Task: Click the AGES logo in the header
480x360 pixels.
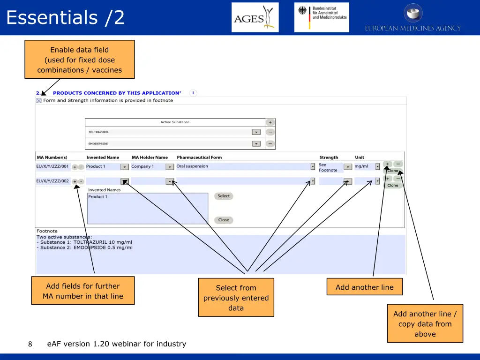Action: (255, 18)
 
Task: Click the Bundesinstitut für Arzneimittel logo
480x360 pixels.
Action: (322, 17)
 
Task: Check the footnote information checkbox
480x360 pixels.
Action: (39, 101)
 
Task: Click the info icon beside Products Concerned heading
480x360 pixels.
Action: (193, 93)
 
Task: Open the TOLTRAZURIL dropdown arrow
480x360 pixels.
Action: (256, 132)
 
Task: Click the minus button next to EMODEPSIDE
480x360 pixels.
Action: (270, 144)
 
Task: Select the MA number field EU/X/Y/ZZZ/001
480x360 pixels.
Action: (52, 166)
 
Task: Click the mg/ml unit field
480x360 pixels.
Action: (364, 166)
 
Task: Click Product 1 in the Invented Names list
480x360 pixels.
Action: (97, 197)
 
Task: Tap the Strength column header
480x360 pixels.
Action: (329, 157)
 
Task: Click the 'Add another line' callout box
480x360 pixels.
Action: (364, 287)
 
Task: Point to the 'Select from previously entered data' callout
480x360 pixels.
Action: (236, 298)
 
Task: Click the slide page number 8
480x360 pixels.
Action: (30, 344)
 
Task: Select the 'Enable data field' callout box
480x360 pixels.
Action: (80, 60)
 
